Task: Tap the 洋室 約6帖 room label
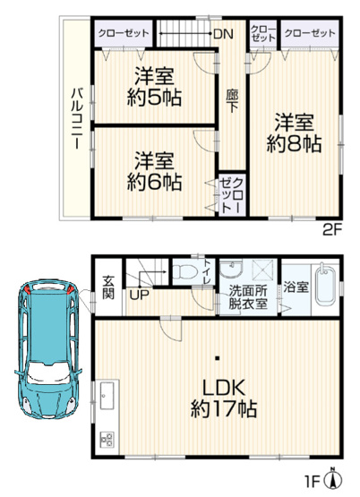(155, 170)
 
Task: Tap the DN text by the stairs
(223, 34)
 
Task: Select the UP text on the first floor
(140, 295)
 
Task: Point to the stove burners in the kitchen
(107, 440)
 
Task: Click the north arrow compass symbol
(334, 479)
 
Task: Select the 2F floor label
(332, 229)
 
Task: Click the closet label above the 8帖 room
(310, 33)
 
